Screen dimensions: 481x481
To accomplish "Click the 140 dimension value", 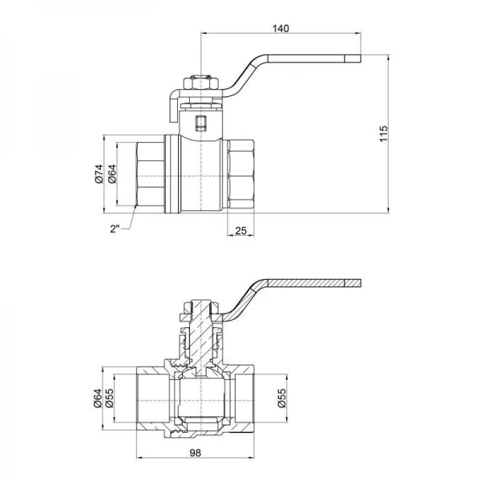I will click(x=281, y=28).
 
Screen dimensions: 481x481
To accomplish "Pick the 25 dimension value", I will click(x=241, y=231).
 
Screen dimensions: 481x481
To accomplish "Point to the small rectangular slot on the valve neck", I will click(x=200, y=123).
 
